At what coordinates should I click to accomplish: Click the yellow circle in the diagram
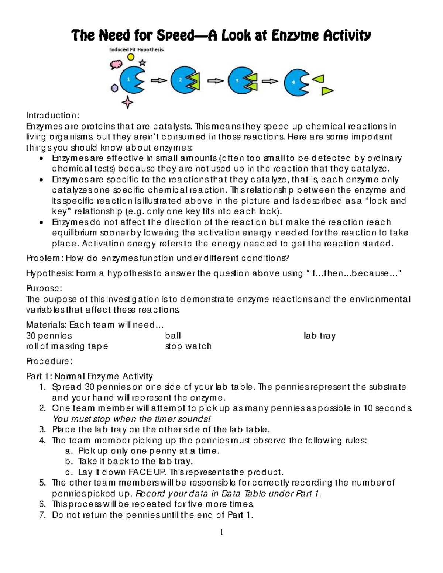click(131, 57)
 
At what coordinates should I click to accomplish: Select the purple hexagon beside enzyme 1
click(115, 89)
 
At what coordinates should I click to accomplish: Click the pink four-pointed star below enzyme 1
click(127, 101)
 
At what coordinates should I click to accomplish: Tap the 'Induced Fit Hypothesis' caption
click(136, 49)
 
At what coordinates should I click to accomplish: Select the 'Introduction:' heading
click(52, 115)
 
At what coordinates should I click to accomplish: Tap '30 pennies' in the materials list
click(49, 336)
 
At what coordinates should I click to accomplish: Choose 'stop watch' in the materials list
click(188, 346)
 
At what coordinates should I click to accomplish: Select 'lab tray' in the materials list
click(319, 336)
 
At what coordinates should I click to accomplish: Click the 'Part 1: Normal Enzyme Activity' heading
click(89, 376)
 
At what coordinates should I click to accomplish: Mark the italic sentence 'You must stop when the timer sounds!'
click(131, 419)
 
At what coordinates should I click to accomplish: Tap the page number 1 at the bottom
click(221, 532)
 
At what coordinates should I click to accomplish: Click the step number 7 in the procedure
click(42, 515)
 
